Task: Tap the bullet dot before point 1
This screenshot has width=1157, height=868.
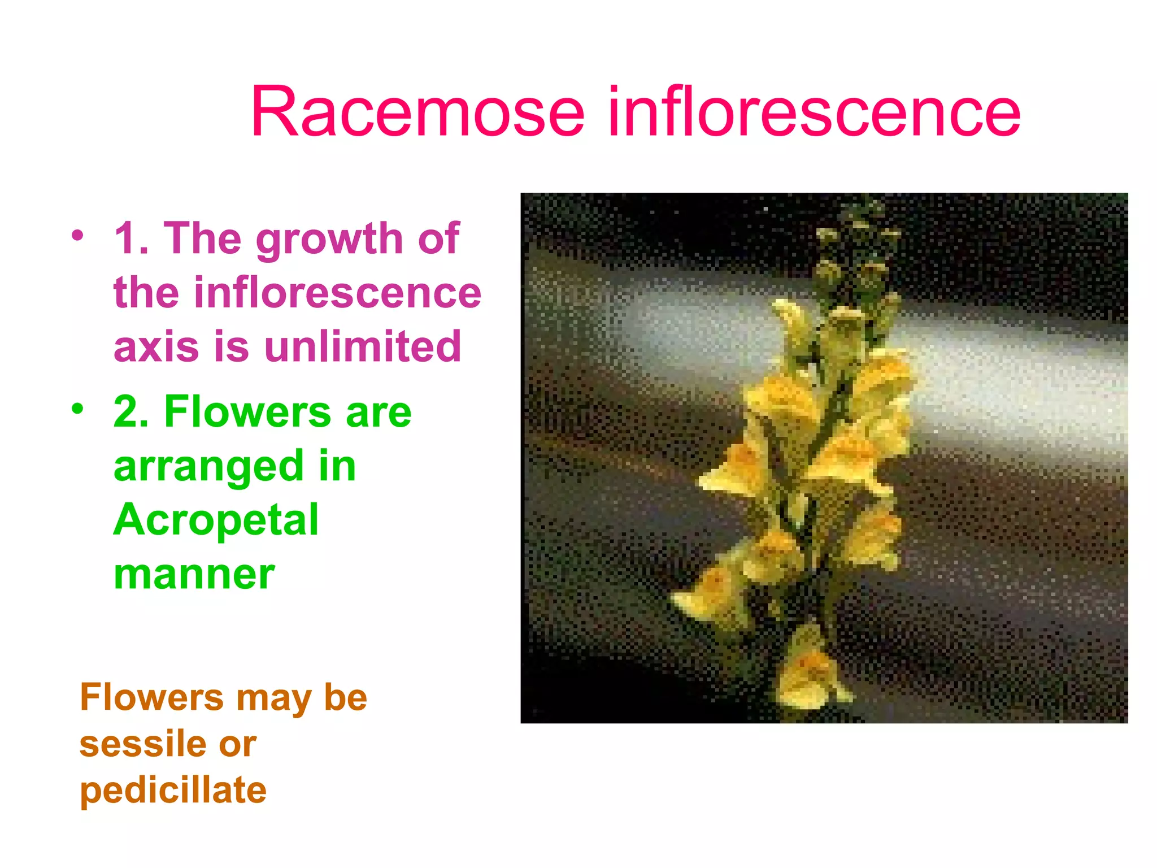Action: pyautogui.click(x=77, y=235)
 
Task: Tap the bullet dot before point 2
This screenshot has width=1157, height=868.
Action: pyautogui.click(x=77, y=408)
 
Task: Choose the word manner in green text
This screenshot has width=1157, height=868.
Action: pyautogui.click(x=194, y=575)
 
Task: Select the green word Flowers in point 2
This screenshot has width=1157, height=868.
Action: pyautogui.click(x=247, y=411)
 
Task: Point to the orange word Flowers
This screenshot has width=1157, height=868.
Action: pyautogui.click(x=151, y=697)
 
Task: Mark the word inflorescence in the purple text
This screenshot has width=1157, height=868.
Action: pyautogui.click(x=297, y=294)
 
